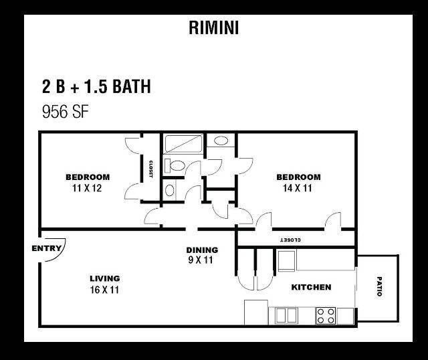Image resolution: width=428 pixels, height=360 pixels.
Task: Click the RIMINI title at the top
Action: click(x=214, y=27)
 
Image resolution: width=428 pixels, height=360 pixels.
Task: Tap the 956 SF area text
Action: click(x=66, y=112)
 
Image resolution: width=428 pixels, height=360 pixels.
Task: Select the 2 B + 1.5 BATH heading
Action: click(x=96, y=86)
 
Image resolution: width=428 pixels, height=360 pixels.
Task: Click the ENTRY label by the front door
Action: click(x=46, y=248)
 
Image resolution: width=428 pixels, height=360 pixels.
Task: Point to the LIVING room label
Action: click(x=105, y=278)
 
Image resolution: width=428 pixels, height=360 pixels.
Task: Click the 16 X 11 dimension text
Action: click(x=104, y=290)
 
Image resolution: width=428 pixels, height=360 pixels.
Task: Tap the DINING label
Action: click(x=202, y=250)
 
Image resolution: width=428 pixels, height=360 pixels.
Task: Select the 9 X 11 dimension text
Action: click(x=201, y=260)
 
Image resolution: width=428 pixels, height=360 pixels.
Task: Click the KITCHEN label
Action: click(x=311, y=287)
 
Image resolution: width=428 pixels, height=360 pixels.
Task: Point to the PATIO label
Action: click(x=379, y=286)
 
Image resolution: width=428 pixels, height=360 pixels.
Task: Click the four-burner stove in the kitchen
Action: click(x=326, y=316)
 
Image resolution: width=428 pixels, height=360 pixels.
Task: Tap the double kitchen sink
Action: click(x=286, y=315)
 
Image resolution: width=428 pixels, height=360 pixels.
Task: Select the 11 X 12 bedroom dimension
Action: click(x=87, y=188)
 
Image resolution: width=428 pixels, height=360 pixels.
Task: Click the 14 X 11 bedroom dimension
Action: click(x=298, y=188)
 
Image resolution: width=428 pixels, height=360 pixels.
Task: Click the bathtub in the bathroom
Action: click(x=183, y=144)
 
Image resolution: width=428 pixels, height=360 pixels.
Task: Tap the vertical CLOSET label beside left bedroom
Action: click(x=150, y=169)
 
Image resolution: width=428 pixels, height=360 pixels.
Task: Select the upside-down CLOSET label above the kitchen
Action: click(x=291, y=240)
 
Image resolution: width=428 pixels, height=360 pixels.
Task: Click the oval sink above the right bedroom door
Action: click(x=221, y=141)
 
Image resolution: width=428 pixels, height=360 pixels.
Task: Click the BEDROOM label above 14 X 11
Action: click(x=298, y=177)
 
